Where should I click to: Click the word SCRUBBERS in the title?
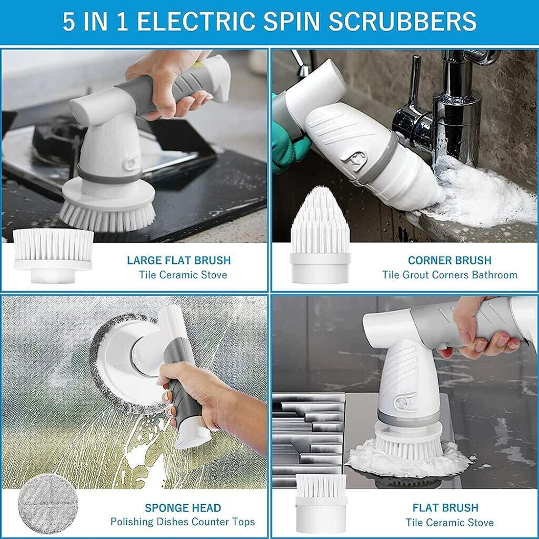pos(402,21)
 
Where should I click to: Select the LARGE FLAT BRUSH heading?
pos(179,260)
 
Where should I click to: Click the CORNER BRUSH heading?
pos(450,260)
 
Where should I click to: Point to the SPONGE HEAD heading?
pos(183,508)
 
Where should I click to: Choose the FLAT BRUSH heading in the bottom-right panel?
pos(445,508)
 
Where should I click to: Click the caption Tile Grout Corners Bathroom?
pos(450,275)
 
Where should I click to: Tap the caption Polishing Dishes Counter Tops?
pos(183,522)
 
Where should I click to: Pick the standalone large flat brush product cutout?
pos(53,255)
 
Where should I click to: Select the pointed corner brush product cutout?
pos(320,235)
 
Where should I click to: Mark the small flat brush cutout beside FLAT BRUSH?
pos(321,503)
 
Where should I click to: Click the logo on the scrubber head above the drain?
pos(406,403)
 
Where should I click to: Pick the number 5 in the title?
pos(69,22)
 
